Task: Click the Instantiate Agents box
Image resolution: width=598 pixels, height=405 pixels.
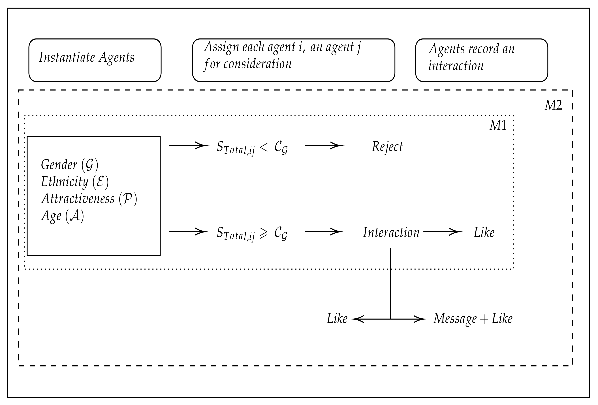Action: pyautogui.click(x=95, y=60)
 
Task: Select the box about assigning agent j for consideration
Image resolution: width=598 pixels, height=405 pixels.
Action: pyautogui.click(x=293, y=60)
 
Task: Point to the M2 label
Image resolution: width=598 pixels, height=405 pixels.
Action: pyautogui.click(x=553, y=105)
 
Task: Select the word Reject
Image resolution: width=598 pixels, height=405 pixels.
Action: pyautogui.click(x=387, y=147)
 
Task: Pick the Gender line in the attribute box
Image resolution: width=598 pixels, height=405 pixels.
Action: pyautogui.click(x=69, y=165)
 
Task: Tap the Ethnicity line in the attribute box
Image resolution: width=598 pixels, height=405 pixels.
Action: pyautogui.click(x=75, y=182)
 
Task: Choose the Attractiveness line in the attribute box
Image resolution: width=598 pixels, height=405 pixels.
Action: pyautogui.click(x=89, y=199)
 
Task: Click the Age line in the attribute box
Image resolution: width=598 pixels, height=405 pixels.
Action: pyautogui.click(x=63, y=216)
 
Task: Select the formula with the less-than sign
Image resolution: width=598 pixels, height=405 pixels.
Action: pyautogui.click(x=252, y=148)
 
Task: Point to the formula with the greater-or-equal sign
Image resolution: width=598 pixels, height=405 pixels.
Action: pyautogui.click(x=252, y=234)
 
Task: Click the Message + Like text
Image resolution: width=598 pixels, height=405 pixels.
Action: pyautogui.click(x=473, y=319)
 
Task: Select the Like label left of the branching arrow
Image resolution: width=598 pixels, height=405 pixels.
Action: pyautogui.click(x=337, y=319)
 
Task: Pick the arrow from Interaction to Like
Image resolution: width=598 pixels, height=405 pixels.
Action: pyautogui.click(x=443, y=232)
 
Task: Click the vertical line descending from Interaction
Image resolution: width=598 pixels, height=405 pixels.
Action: pyautogui.click(x=391, y=283)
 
